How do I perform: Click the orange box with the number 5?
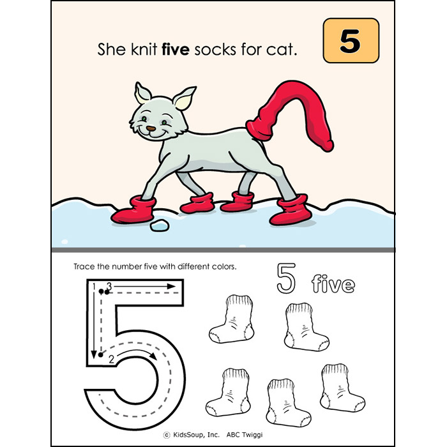(x=351, y=41)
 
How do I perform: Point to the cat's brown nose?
(x=151, y=128)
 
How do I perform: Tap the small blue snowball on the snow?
(x=156, y=226)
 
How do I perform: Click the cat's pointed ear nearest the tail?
(x=185, y=99)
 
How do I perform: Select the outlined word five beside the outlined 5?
(x=333, y=283)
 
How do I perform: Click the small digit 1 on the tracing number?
(x=93, y=285)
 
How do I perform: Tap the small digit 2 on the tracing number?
(x=111, y=358)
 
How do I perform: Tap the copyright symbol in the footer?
(x=167, y=434)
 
